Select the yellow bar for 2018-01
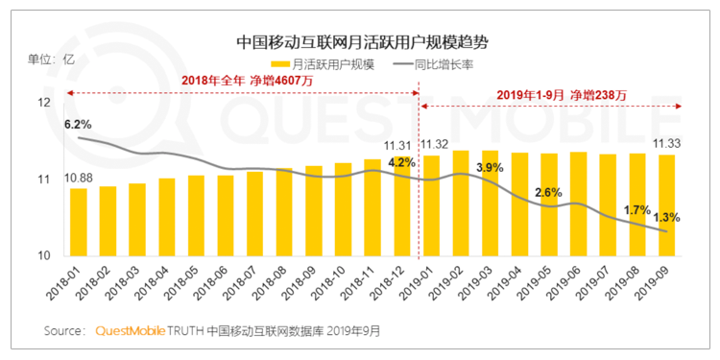tap(79, 223)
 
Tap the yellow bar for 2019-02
tap(461, 204)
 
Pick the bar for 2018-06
tap(226, 216)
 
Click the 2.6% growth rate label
tap(548, 192)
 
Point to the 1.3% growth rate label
tap(666, 217)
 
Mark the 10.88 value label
tap(79, 178)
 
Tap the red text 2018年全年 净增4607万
tap(247, 81)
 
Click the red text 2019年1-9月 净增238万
tap(562, 95)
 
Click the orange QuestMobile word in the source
tap(130, 330)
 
